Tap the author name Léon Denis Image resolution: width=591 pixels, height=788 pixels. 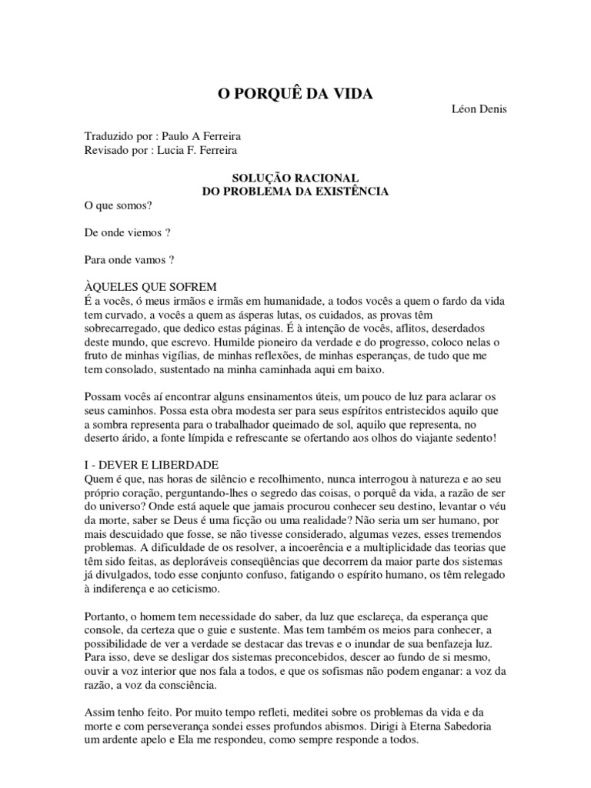click(x=479, y=109)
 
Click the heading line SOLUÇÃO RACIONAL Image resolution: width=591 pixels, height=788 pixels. click(x=295, y=177)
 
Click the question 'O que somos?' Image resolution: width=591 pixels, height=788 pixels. click(x=117, y=206)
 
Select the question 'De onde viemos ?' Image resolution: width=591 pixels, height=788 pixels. click(x=125, y=234)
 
